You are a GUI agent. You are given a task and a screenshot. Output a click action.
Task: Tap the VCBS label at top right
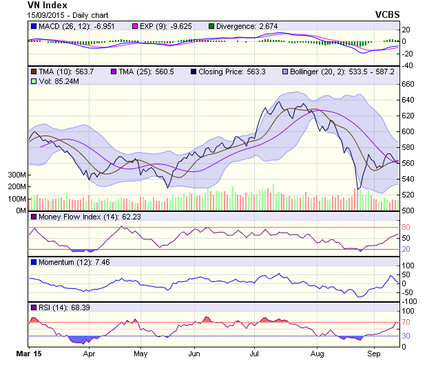pyautogui.click(x=388, y=14)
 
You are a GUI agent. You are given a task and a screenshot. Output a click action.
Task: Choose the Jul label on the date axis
pyautogui.click(x=255, y=354)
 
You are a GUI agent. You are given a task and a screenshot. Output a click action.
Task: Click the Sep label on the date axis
pyautogui.click(x=374, y=354)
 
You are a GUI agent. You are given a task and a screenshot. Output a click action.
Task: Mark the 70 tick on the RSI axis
pyautogui.click(x=406, y=322)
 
